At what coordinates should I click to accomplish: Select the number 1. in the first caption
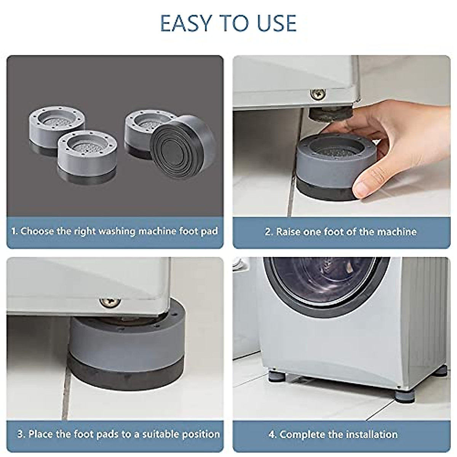tap(14, 231)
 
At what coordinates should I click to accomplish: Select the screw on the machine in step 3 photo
tap(110, 303)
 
